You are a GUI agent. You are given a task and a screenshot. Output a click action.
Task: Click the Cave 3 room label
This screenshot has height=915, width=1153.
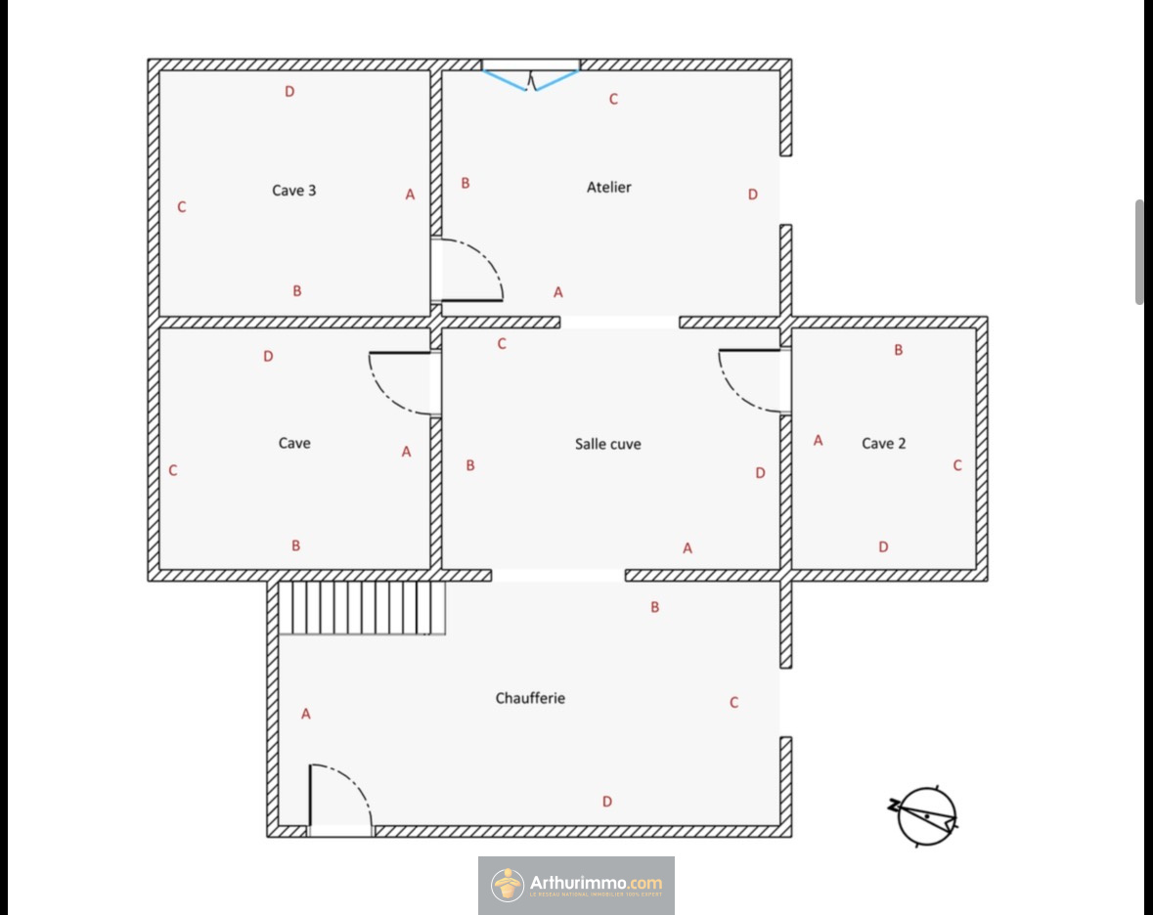293,191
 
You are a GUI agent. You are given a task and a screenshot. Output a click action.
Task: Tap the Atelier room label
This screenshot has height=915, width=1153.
609,187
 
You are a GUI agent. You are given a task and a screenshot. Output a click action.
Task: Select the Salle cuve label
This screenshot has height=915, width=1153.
608,444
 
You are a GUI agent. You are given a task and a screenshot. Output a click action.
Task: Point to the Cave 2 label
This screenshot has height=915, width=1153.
883,444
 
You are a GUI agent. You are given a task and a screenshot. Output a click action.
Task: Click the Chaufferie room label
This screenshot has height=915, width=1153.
530,698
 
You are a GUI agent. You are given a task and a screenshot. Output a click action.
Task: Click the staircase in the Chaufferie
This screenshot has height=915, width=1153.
362,608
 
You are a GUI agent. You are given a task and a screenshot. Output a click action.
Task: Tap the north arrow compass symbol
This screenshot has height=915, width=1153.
925,815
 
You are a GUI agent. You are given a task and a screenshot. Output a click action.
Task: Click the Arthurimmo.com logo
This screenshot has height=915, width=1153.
576,885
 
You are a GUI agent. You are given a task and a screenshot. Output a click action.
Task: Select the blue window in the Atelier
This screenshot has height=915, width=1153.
531,77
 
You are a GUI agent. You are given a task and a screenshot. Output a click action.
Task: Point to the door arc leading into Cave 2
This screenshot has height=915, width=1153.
753,380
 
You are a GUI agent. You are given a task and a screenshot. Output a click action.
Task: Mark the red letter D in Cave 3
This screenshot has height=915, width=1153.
289,92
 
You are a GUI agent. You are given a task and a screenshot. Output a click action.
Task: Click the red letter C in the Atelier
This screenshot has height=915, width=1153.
613,99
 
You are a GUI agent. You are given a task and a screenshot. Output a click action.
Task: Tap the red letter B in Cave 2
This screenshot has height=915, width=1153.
899,350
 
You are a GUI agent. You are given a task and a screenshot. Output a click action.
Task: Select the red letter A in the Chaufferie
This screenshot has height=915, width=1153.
306,715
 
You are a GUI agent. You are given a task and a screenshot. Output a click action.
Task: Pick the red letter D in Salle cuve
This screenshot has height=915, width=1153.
760,473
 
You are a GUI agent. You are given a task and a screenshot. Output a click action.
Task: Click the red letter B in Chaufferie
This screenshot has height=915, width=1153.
655,607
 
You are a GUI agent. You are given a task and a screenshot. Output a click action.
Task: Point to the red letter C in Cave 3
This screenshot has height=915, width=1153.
182,207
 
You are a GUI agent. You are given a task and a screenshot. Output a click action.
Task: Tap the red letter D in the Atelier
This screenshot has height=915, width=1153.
753,195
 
